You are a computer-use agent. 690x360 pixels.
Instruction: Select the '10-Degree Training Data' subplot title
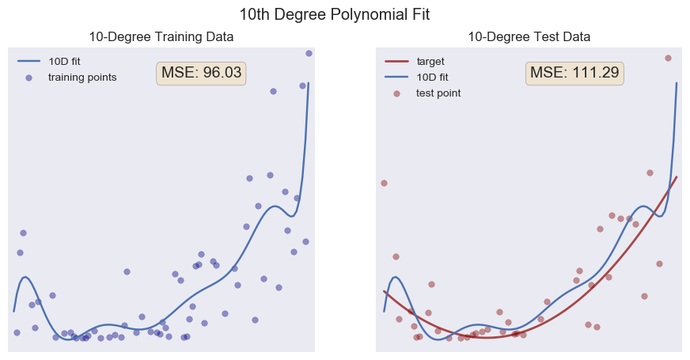pyautogui.click(x=161, y=37)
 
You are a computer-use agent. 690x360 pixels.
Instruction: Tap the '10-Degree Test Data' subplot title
pyautogui.click(x=529, y=37)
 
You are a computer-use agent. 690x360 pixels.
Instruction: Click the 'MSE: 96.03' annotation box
pyautogui.click(x=201, y=73)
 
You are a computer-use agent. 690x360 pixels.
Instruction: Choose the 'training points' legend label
pyautogui.click(x=82, y=77)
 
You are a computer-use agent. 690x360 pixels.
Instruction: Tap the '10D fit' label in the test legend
pyautogui.click(x=432, y=77)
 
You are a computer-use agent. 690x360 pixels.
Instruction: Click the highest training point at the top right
pyautogui.click(x=309, y=53)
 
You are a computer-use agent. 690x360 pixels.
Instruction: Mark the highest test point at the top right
pyautogui.click(x=668, y=58)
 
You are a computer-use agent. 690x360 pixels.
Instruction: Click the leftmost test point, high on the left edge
pyautogui.click(x=384, y=183)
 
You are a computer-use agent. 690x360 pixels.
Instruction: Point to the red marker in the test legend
pyautogui.click(x=396, y=93)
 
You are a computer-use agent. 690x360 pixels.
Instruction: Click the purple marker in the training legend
pyautogui.click(x=28, y=78)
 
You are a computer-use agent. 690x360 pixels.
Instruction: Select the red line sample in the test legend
pyautogui.click(x=396, y=61)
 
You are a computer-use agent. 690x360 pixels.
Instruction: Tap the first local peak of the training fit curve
pyautogui.click(x=25, y=277)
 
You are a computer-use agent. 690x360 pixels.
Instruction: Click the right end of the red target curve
pyautogui.click(x=677, y=177)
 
